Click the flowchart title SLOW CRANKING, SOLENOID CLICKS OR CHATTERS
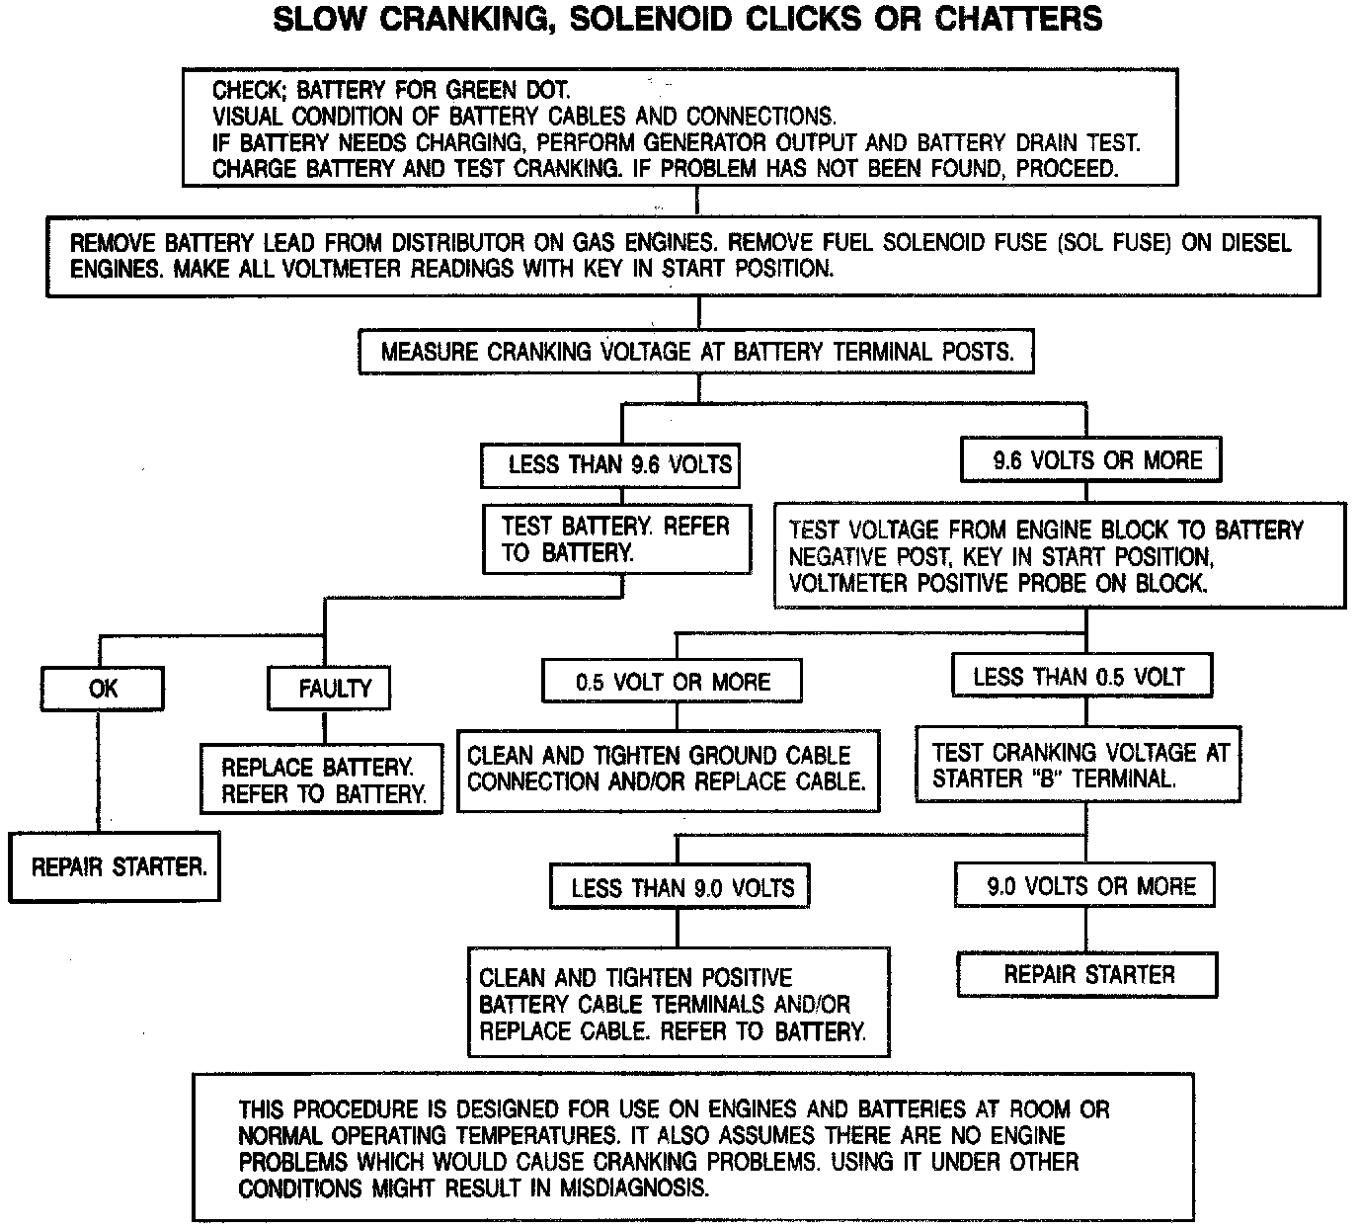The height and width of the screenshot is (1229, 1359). point(687,19)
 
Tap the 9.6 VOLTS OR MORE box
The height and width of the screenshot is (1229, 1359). point(1090,460)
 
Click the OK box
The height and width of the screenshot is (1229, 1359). point(103,688)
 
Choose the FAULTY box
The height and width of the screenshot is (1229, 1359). point(330,688)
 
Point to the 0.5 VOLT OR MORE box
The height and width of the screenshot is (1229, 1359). point(672,682)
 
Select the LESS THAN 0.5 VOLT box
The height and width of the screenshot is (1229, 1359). point(1080,677)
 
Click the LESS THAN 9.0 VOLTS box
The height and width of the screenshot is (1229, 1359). point(680,887)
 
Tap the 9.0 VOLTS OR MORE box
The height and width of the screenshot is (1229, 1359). point(1084,885)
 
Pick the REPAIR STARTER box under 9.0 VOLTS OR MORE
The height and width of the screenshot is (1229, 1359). point(1086,975)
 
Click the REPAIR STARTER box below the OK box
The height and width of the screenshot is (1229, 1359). point(115,866)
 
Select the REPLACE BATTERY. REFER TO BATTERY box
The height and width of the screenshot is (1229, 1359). point(322,779)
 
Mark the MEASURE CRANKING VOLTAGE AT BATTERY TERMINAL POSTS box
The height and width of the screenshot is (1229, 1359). point(696,351)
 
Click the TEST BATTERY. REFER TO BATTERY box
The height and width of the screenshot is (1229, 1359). point(616,539)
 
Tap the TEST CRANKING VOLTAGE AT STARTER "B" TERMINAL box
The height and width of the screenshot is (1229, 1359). point(1079,765)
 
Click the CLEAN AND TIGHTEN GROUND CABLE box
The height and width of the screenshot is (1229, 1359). point(668,769)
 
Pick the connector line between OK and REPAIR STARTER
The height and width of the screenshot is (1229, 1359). point(99,771)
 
